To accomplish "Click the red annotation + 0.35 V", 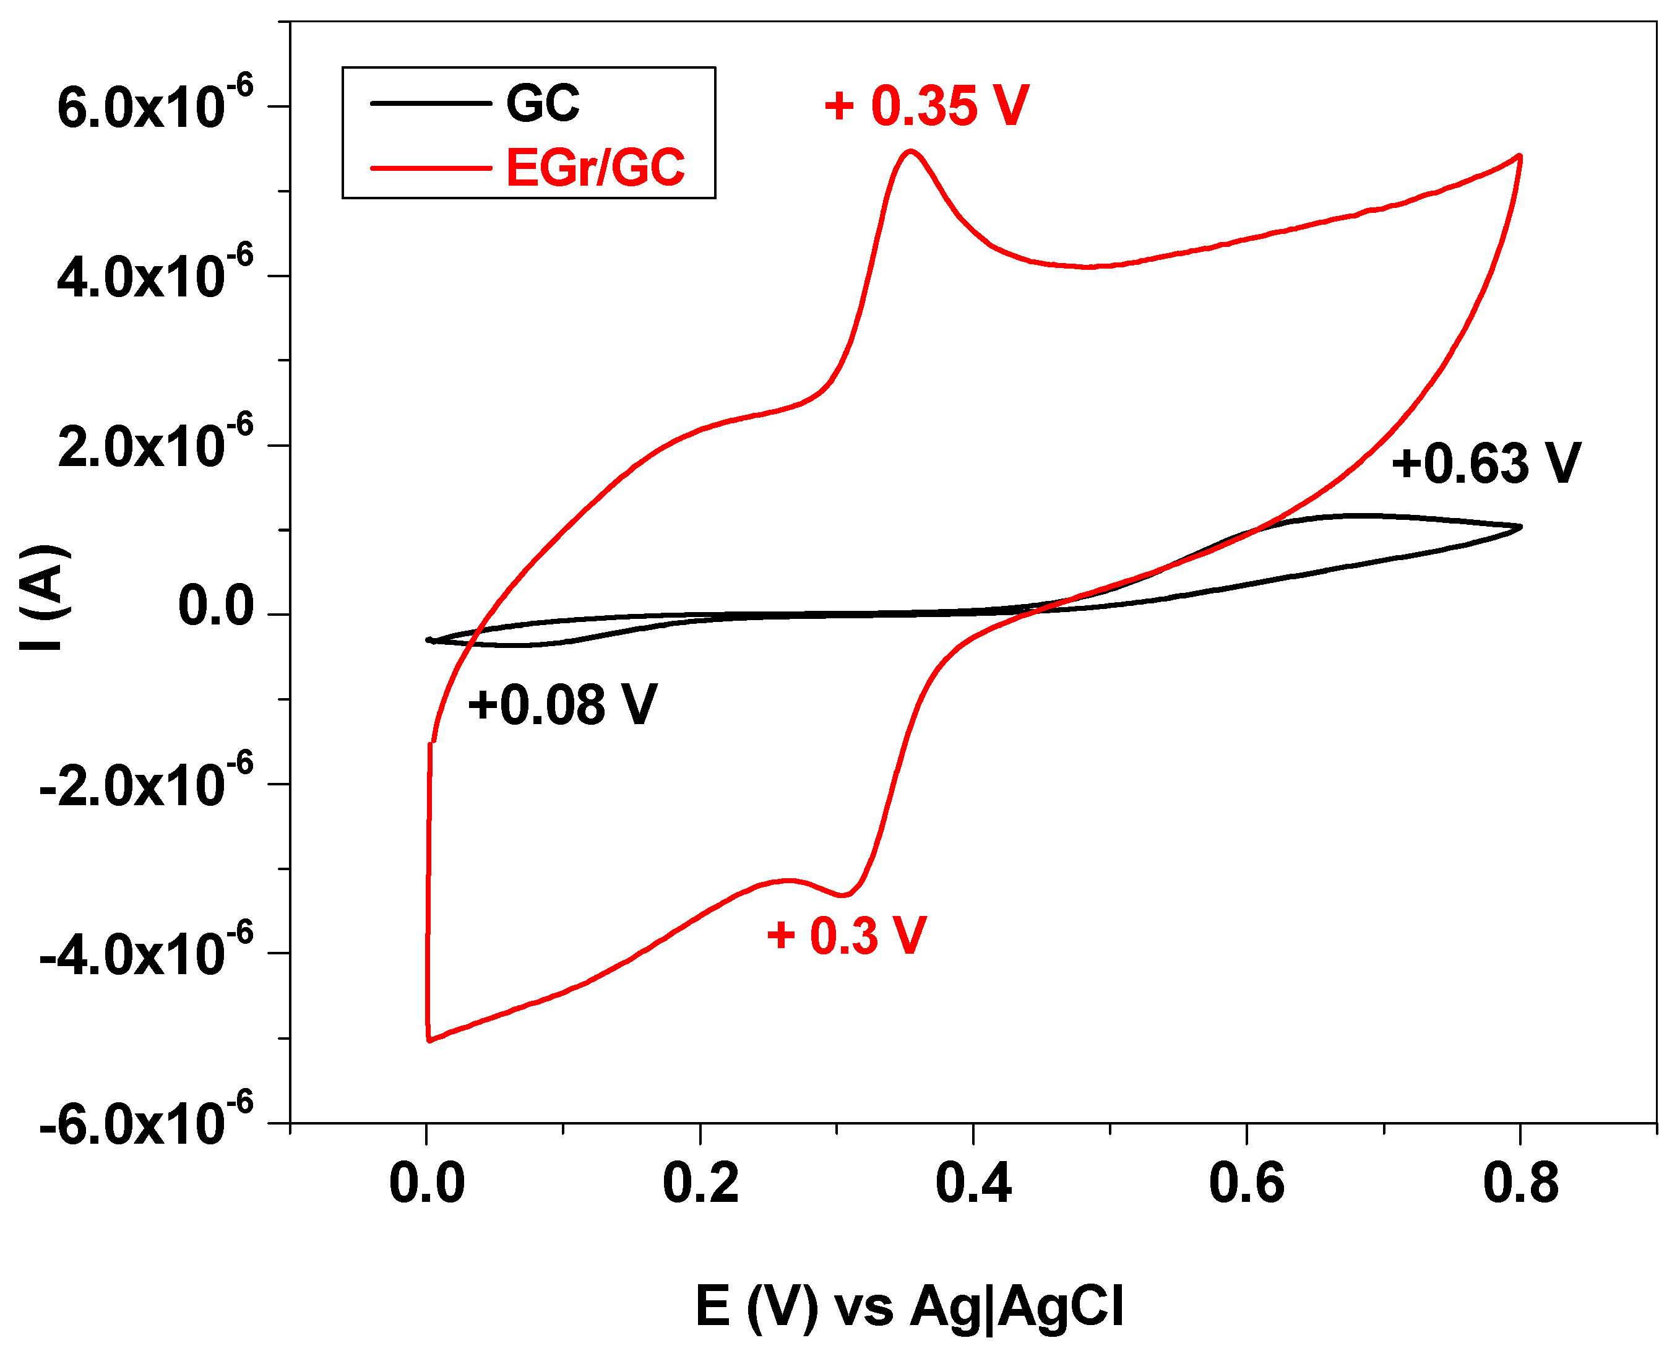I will tap(926, 106).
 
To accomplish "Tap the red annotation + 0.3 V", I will tap(847, 935).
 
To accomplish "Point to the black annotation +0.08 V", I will tap(562, 704).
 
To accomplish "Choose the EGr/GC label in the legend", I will tap(595, 167).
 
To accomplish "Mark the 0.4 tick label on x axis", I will tap(973, 1183).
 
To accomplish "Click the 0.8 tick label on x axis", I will tap(1520, 1183).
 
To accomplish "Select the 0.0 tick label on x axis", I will tap(426, 1183).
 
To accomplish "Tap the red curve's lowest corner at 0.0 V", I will tap(429, 1040).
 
